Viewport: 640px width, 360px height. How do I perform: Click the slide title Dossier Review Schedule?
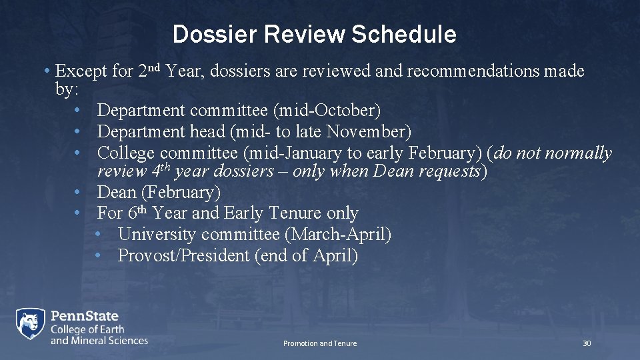[314, 35]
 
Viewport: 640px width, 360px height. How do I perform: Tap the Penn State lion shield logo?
[31, 325]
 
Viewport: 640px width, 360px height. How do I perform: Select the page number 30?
[586, 343]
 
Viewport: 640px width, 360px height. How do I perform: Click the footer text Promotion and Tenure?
[320, 343]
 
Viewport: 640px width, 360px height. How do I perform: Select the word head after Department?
[207, 131]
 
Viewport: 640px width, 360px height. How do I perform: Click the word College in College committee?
[126, 153]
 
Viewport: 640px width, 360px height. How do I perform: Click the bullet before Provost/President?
[98, 256]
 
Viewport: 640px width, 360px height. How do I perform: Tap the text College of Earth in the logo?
[87, 329]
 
